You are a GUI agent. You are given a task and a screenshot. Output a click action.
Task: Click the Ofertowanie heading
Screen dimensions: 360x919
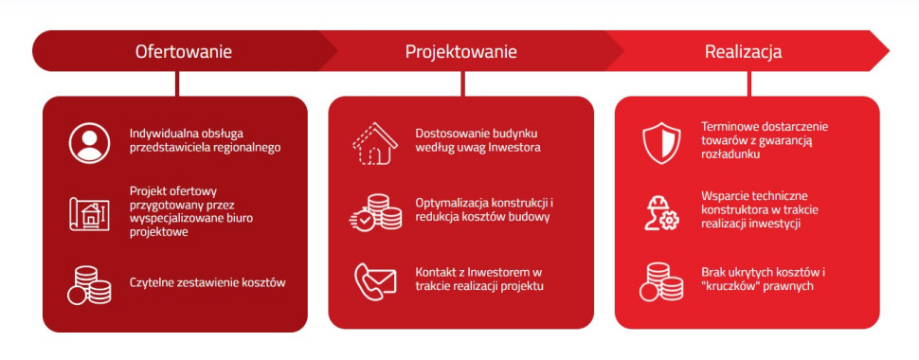183,51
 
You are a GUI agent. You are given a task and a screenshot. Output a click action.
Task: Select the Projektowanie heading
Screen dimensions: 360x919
461,51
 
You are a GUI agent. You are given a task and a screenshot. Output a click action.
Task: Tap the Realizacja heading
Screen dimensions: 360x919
743,51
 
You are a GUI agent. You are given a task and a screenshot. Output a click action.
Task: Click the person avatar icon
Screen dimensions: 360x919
89,142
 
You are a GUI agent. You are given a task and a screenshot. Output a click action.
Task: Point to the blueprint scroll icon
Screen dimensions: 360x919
89,213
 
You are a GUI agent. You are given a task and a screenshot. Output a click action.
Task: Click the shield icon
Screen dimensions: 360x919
661,142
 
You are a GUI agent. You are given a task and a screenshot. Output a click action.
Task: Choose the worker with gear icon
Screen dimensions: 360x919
661,212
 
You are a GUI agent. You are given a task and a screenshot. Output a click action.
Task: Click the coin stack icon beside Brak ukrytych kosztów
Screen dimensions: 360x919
660,282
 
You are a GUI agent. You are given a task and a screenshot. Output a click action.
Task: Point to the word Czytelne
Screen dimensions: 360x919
153,282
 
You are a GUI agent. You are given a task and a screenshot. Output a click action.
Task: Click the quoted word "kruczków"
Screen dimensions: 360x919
730,286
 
